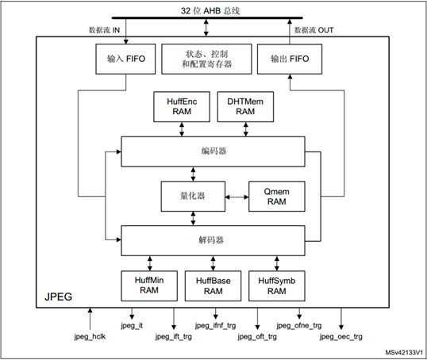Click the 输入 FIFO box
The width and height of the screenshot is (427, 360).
(125, 59)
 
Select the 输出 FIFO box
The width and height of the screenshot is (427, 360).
(290, 59)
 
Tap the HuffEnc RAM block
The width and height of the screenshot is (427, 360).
(182, 107)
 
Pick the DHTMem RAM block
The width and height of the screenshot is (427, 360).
(245, 107)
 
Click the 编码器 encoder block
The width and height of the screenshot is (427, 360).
(213, 151)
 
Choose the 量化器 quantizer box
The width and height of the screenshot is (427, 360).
(193, 196)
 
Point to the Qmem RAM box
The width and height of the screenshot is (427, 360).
(277, 196)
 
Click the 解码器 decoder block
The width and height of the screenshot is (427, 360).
(213, 240)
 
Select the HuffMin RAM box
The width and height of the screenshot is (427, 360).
(149, 285)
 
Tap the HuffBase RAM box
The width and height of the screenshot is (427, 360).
(213, 285)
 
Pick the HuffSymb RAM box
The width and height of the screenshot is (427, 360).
(277, 285)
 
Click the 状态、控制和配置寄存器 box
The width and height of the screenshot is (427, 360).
(206, 59)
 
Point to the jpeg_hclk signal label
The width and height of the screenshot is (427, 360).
(90, 336)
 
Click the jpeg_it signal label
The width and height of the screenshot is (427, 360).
(132, 325)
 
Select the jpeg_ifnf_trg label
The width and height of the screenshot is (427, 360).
(215, 325)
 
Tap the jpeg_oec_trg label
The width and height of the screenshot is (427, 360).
(341, 336)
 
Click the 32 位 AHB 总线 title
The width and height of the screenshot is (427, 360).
(210, 11)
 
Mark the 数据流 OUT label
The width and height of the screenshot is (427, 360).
(314, 30)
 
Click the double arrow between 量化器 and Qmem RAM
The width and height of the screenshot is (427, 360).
(237, 197)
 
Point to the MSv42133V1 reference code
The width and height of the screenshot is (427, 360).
(404, 353)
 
